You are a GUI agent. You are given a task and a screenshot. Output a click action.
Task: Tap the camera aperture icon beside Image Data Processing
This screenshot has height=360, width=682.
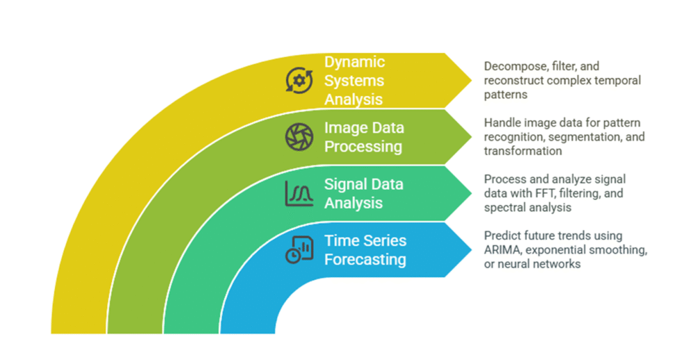coord(299,137)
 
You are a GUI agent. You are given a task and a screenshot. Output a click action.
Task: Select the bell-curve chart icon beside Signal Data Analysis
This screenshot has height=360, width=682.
coord(299,194)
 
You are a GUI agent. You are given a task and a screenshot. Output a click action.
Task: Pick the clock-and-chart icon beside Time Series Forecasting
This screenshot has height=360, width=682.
coord(299,250)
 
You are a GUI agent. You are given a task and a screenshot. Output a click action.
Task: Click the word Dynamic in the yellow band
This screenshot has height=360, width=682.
coord(354,62)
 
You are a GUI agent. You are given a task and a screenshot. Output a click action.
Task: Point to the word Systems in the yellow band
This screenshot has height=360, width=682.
coord(354,81)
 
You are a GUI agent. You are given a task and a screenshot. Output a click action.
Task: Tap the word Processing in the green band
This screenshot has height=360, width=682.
coord(363,147)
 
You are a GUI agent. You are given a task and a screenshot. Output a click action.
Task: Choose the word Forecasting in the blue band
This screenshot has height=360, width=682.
coord(365,260)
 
